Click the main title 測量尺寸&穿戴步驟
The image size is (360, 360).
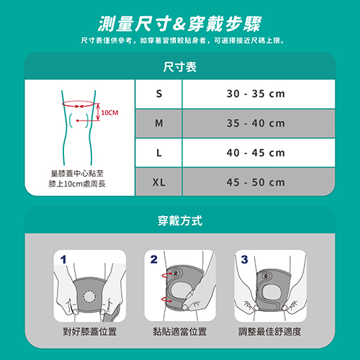coord(180,24)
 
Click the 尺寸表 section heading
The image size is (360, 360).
coord(180,67)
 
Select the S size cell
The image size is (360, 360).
coord(159,94)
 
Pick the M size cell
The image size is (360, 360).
coord(159,123)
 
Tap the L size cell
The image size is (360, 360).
coord(159,153)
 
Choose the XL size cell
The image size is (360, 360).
coord(159,182)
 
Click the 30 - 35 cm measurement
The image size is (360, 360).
coord(256,94)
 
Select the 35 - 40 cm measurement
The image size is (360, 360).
coord(256,123)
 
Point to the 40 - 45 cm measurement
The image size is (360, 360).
coord(256,153)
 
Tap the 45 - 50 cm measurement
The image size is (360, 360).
coord(256,182)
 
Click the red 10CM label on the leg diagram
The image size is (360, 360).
coord(109,112)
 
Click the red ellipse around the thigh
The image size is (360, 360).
coord(78,101)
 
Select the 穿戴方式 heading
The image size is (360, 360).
coord(180,220)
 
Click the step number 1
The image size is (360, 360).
coord(63,259)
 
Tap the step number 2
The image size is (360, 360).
coord(154,259)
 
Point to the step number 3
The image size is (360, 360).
coord(244,259)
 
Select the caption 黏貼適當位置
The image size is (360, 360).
coord(180,332)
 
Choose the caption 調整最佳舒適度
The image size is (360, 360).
coord(269,332)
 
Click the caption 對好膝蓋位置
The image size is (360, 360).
coord(90,332)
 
